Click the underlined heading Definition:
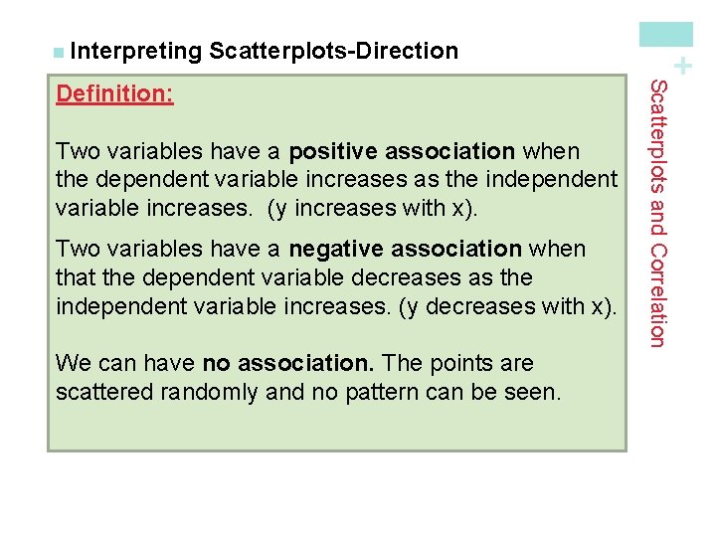(114, 94)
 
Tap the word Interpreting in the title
(135, 50)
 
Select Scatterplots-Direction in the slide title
(334, 50)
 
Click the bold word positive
(333, 150)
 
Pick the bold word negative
(338, 248)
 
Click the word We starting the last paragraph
(73, 363)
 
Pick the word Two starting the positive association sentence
(76, 150)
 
